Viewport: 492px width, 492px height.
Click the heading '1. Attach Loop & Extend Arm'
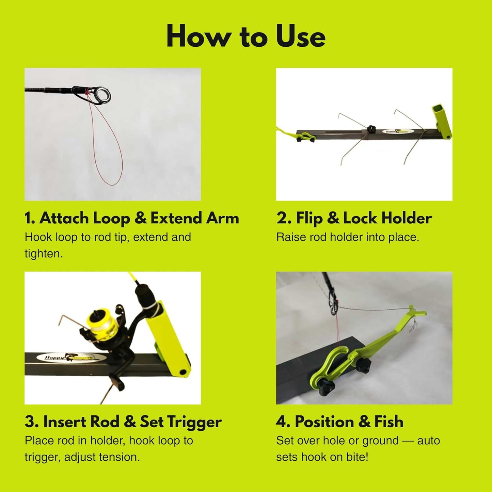[132, 218]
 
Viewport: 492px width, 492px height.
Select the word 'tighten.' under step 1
[44, 254]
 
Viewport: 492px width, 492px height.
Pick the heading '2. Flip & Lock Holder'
[354, 218]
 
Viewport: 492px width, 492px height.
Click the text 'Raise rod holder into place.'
[348, 237]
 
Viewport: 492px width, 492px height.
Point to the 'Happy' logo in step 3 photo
[48, 358]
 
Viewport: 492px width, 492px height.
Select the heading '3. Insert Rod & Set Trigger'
[123, 422]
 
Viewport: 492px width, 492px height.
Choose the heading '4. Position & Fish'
[339, 422]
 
